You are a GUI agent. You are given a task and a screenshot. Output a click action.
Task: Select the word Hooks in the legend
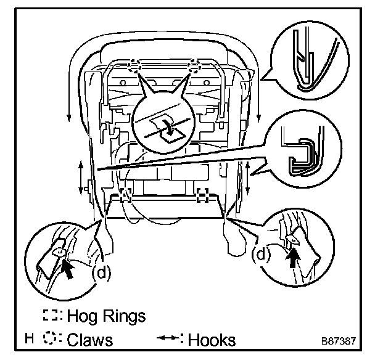tap(213, 340)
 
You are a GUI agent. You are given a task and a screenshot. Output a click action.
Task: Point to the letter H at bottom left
tap(29, 339)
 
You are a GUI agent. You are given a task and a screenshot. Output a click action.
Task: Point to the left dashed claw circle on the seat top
tap(135, 65)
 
